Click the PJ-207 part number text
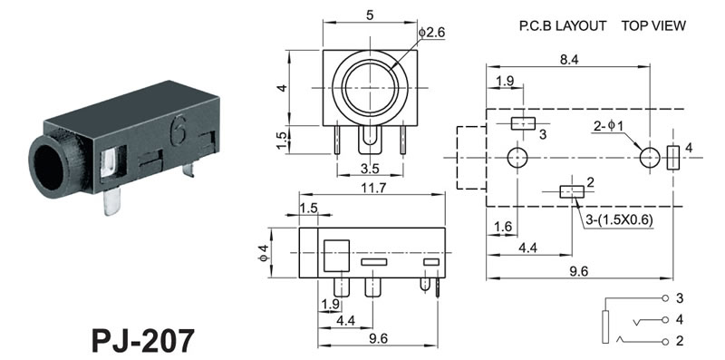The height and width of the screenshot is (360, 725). (x=142, y=341)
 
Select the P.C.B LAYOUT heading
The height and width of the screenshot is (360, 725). (x=562, y=26)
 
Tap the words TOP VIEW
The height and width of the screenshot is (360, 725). (x=653, y=26)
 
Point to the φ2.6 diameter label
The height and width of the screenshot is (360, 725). (x=432, y=33)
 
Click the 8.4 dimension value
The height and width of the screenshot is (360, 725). (x=569, y=60)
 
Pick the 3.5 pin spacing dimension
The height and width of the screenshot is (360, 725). (x=370, y=169)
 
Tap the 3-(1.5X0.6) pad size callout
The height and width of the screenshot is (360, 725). (x=619, y=220)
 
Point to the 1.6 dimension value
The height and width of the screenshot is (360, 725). (x=503, y=227)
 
